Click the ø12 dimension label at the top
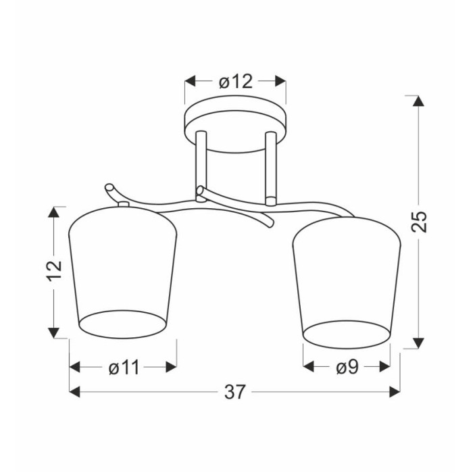(x=236, y=82)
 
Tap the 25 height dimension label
(x=420, y=222)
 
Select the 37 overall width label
(x=235, y=392)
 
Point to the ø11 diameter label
(x=124, y=368)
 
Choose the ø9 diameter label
(x=347, y=367)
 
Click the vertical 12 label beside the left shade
(x=54, y=270)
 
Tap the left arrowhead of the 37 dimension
(x=74, y=392)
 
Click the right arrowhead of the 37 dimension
(x=395, y=392)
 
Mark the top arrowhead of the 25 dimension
(x=418, y=101)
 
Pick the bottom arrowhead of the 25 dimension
(x=418, y=343)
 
